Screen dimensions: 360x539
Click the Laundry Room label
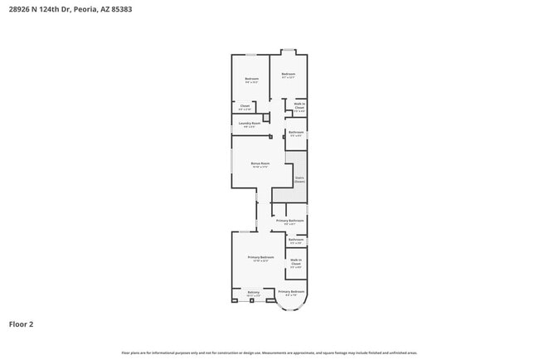coord(245,124)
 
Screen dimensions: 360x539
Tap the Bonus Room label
coord(260,163)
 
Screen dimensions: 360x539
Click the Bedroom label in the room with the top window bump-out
coord(289,75)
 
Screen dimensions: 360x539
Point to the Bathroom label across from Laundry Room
coord(296,132)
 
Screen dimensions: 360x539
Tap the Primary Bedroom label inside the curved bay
coord(291,292)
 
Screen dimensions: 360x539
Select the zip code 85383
coord(119,10)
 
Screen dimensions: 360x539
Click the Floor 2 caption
coord(22,324)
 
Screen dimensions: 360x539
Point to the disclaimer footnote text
coord(269,353)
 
